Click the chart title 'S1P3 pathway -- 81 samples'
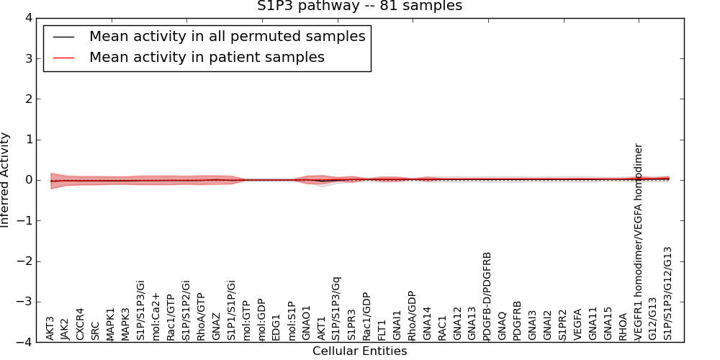tap(359, 6)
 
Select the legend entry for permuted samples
tap(227, 36)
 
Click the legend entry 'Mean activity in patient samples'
tap(207, 58)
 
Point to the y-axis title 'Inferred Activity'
tap(6, 180)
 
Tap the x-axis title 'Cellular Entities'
tap(359, 351)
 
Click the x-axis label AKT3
tap(50, 328)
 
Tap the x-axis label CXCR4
tap(81, 324)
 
